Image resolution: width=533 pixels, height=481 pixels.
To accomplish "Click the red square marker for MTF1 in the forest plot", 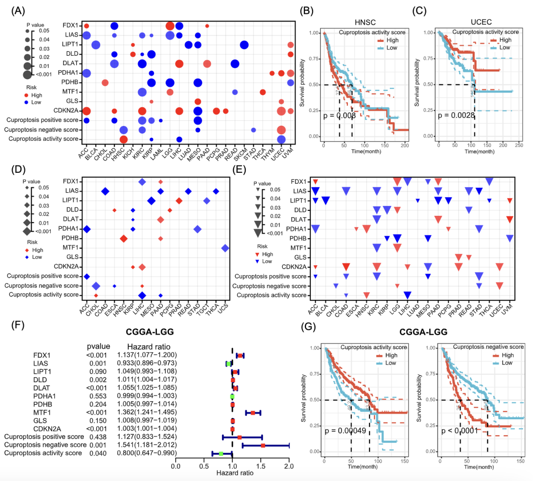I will (x=253, y=412).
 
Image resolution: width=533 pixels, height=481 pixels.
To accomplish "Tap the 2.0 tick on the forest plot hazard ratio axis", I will (x=289, y=466).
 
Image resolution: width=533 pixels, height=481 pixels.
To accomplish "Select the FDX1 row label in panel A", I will (x=69, y=25).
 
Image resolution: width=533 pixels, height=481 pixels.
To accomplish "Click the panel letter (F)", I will (x=16, y=326).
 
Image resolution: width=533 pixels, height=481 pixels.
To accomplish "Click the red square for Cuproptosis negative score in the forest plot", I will (x=263, y=445).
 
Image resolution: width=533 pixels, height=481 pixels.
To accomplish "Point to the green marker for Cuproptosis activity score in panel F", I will (x=221, y=453).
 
